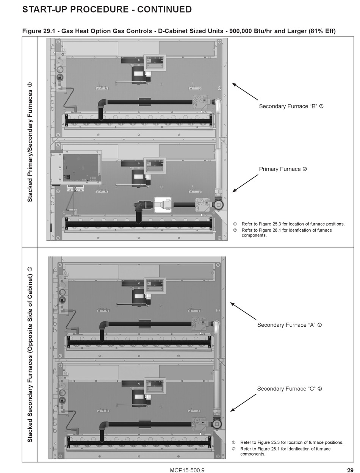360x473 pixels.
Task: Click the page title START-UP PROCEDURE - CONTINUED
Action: click(x=107, y=9)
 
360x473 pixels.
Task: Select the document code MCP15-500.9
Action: click(x=187, y=470)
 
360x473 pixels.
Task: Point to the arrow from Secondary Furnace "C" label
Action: click(x=243, y=403)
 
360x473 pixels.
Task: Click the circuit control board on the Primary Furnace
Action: click(x=81, y=167)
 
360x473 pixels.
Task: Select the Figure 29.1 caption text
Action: click(x=179, y=31)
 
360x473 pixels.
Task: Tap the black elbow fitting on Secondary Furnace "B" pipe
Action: click(x=102, y=103)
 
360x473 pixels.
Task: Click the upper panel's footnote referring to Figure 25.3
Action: click(x=293, y=224)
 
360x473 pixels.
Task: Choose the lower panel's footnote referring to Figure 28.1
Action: click(x=285, y=451)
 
